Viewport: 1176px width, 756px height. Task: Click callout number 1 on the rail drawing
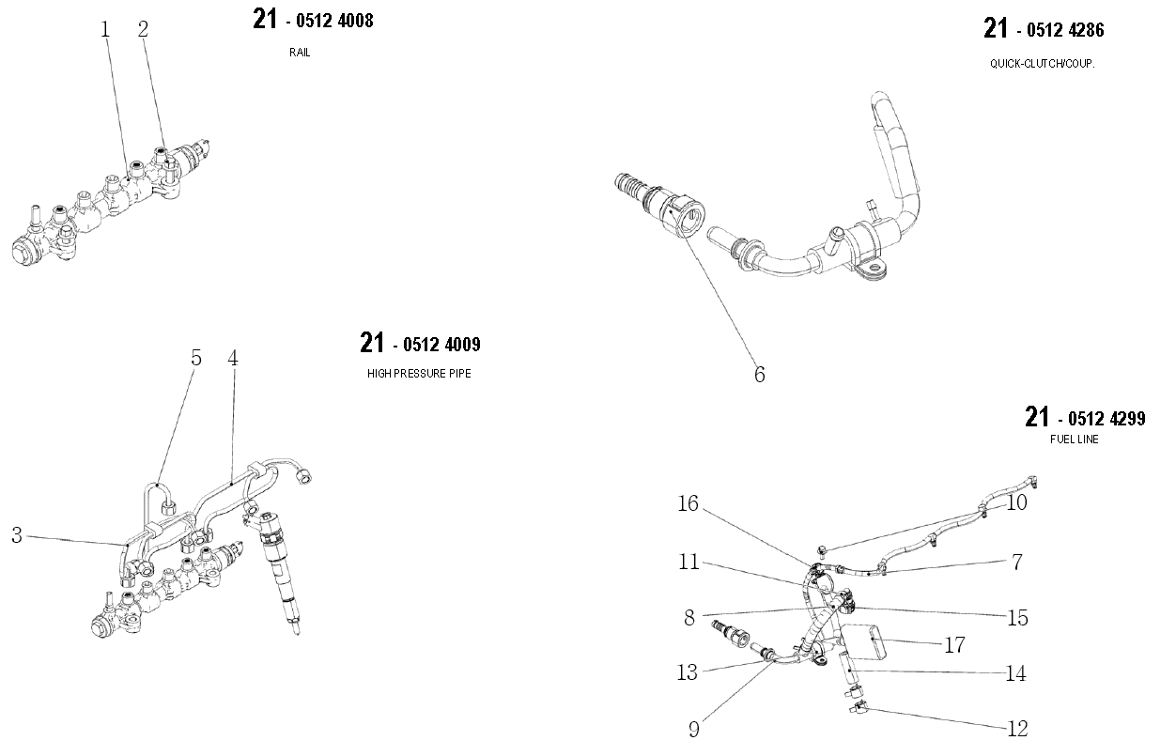(x=105, y=30)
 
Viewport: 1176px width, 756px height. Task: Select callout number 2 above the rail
(x=143, y=30)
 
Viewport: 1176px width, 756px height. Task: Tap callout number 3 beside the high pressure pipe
(x=17, y=536)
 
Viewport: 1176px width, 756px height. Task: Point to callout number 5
(x=196, y=358)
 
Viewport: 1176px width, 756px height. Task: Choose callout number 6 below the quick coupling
(x=759, y=375)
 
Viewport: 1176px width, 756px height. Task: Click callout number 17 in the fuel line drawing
(x=954, y=645)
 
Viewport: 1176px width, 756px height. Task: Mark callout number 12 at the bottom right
(x=1016, y=729)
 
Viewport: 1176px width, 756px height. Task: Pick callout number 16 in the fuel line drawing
(x=689, y=504)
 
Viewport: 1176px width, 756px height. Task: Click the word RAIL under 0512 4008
(x=300, y=53)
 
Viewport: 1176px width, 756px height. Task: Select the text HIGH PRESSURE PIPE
(x=419, y=374)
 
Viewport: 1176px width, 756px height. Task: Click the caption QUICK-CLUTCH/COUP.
(x=1043, y=64)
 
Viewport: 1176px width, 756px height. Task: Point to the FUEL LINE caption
(x=1075, y=439)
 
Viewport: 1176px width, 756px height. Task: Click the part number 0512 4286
(x=1065, y=30)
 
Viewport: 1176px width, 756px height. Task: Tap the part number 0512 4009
(x=441, y=345)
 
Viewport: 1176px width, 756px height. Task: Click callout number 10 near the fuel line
(x=1016, y=502)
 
